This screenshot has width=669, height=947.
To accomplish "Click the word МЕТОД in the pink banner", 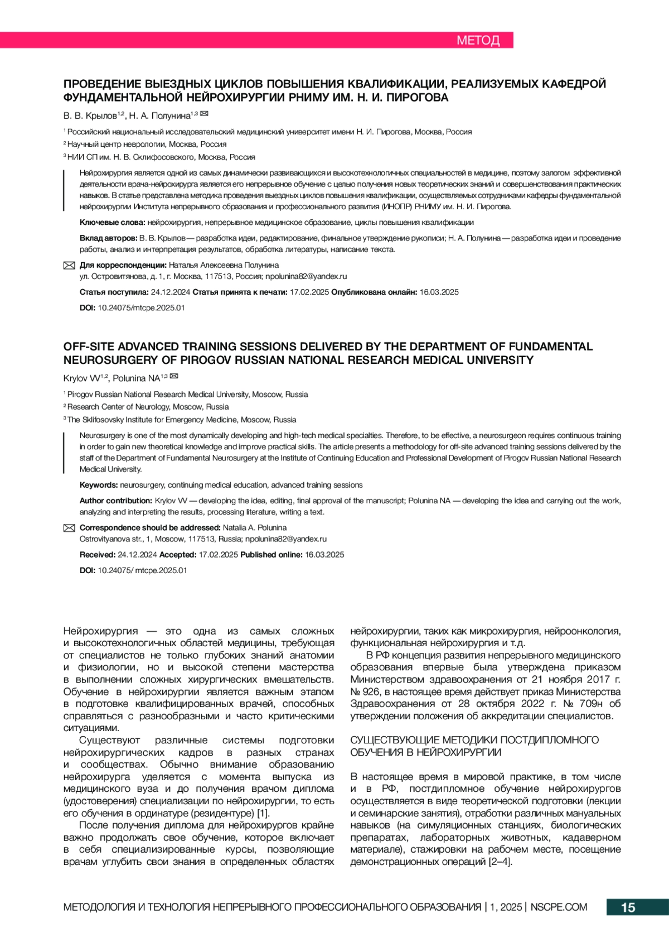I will (x=478, y=40).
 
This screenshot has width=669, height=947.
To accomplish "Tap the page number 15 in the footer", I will (x=628, y=907).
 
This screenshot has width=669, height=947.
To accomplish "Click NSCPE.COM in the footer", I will (x=559, y=907).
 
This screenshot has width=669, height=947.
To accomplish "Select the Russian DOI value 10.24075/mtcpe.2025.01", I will (x=141, y=307).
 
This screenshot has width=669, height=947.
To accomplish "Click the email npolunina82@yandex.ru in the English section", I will (x=286, y=539).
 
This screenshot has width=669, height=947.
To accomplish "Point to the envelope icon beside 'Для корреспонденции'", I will (x=69, y=266).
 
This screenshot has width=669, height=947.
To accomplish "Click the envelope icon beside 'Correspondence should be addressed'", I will (x=69, y=528).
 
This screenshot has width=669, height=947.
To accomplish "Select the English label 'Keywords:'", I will (x=99, y=485).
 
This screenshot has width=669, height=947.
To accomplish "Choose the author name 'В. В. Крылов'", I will (x=90, y=116).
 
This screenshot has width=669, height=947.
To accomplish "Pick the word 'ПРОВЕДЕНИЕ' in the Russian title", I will (x=102, y=84).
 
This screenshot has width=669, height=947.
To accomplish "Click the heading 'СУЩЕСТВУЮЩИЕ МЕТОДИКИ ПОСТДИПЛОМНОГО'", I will (x=474, y=740).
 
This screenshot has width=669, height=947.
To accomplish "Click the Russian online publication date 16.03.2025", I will (x=439, y=292).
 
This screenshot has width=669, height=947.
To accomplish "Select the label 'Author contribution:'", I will (x=116, y=501).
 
